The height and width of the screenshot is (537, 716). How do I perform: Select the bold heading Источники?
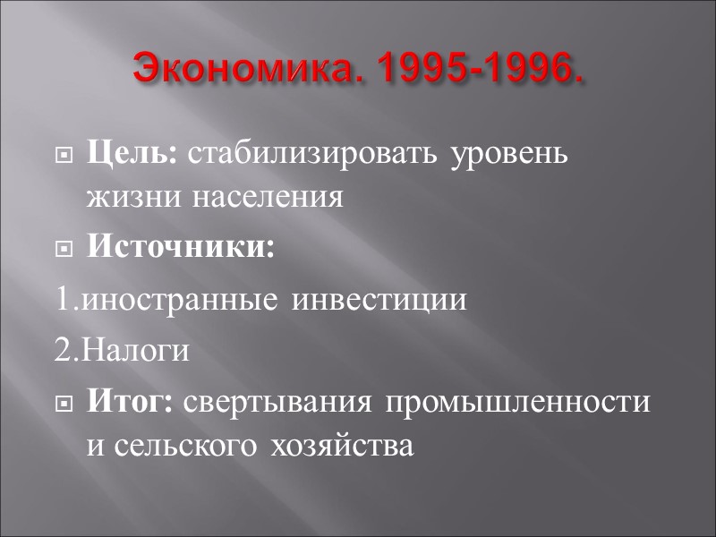coord(181,248)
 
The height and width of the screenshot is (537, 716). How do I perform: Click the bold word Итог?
coord(131,403)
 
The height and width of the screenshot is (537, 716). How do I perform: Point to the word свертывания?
coord(280,404)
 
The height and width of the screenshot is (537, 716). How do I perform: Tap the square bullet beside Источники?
coord(64,250)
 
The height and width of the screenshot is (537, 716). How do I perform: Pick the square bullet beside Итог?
coord(64,405)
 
